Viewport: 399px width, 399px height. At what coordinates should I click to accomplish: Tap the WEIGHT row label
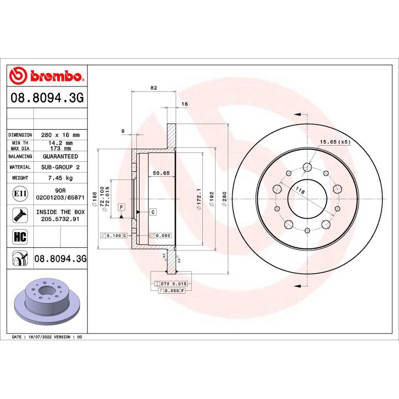click(21, 178)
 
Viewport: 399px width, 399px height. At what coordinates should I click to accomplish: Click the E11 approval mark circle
click(17, 194)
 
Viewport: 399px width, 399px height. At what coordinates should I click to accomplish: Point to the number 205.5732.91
click(60, 219)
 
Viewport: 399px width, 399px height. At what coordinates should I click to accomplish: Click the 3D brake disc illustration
click(47, 301)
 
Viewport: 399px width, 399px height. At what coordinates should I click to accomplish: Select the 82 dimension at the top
click(154, 88)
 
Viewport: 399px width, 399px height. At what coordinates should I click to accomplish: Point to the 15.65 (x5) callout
click(335, 142)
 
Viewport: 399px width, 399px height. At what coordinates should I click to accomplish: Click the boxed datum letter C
click(152, 212)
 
